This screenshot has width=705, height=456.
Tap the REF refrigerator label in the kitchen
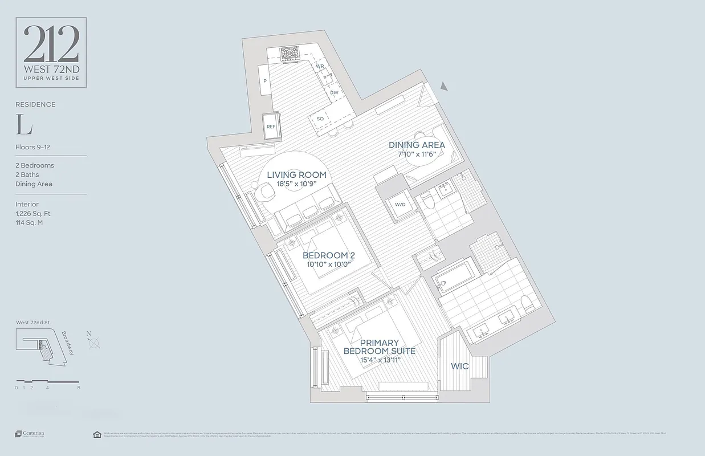pos(271,127)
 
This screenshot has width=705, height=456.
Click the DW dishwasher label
pos(335,92)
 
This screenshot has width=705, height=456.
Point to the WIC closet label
pos(460,366)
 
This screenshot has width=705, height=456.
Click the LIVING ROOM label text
pos(296,174)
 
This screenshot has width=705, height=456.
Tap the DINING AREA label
pos(417,145)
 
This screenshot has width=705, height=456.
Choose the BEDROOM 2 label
pos(329,255)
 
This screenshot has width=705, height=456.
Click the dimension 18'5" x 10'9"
pos(296,184)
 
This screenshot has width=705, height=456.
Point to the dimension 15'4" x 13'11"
pos(379,360)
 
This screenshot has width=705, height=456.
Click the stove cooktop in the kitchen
pos(291,54)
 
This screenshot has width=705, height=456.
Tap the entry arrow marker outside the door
pos(444,86)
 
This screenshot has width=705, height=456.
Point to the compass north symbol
pos(94,342)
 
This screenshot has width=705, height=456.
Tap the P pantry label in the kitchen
pos(265,82)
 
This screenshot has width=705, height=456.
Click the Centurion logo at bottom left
pos(30,434)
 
